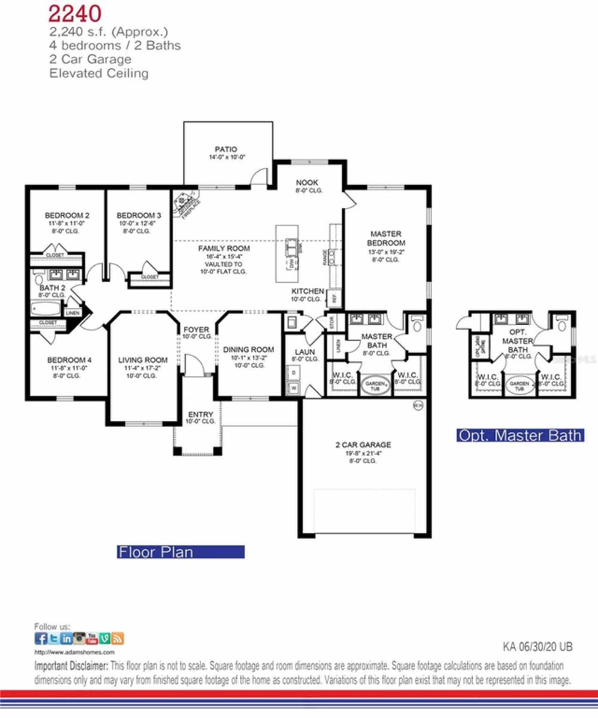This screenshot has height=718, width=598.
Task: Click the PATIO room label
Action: [226, 149]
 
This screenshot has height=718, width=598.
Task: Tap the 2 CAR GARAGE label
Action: [363, 445]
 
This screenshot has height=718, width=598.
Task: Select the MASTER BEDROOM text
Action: [385, 238]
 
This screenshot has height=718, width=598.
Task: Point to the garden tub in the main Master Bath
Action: [376, 386]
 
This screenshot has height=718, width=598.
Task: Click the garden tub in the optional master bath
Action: [519, 386]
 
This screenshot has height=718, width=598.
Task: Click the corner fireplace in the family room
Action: [185, 204]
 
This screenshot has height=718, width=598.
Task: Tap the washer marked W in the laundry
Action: [294, 387]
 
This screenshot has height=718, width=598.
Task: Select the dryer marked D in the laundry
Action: [294, 373]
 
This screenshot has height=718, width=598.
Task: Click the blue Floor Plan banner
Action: [180, 552]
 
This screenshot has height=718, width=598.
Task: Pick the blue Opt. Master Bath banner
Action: [520, 435]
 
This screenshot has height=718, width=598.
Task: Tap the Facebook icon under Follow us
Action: [41, 638]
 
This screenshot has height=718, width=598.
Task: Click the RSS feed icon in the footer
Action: [117, 638]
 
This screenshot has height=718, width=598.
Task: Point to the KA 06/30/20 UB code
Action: [537, 647]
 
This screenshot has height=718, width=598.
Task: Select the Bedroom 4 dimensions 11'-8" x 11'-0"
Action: [69, 368]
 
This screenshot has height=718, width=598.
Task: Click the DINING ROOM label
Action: [248, 349]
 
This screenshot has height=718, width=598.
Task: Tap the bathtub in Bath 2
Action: [46, 309]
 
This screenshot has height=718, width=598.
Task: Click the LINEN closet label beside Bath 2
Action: [72, 313]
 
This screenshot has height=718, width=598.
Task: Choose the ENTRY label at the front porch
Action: [200, 414]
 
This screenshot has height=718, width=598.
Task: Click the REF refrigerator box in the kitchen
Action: [335, 297]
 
